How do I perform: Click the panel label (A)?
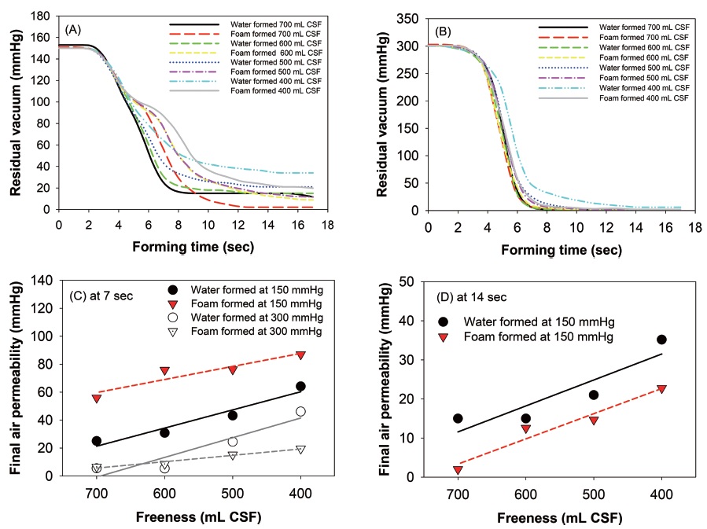click(x=75, y=30)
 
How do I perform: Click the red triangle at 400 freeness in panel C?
click(x=300, y=355)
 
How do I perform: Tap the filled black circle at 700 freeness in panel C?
click(x=97, y=441)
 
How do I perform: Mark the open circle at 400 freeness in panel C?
click(x=300, y=412)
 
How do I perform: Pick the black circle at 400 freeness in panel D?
click(x=661, y=340)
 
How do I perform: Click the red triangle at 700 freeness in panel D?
click(x=458, y=470)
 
